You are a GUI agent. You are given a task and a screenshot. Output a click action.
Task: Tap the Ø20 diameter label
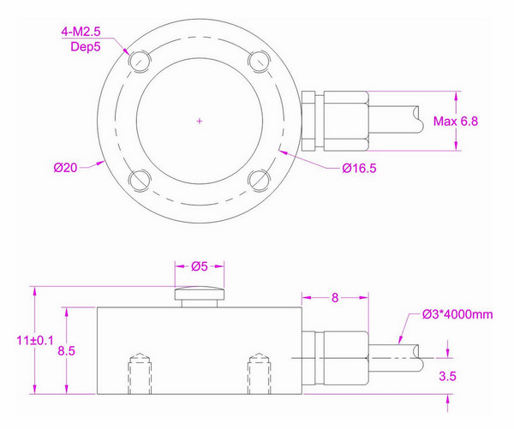65,168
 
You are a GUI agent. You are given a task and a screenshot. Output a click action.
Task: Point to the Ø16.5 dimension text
360,168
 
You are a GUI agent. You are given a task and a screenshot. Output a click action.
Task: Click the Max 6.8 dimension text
456,122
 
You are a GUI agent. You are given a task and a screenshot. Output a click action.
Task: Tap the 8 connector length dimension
335,298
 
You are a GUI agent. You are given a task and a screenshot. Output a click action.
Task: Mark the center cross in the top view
199,121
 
